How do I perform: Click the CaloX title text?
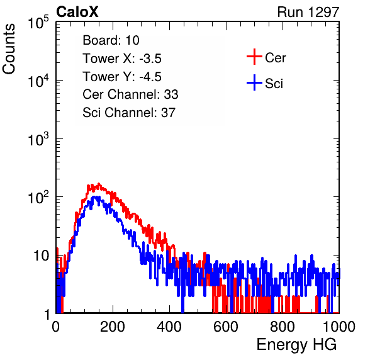tap(77, 12)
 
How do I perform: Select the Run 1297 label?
tap(308, 12)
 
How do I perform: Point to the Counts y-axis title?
tap(9, 49)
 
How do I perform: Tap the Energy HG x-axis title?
tap(296, 345)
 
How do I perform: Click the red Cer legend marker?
tap(254, 57)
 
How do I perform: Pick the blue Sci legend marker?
tap(254, 82)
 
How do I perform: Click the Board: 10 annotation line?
tap(111, 40)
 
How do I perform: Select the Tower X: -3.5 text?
tap(122, 59)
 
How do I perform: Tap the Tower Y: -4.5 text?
tap(122, 77)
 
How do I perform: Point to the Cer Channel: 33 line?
tap(130, 94)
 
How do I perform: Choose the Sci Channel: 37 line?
tap(129, 113)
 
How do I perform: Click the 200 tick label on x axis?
tap(113, 327)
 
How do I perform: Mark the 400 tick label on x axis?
tap(169, 327)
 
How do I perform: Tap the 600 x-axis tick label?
tap(226, 327)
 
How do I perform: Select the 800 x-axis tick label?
tap(283, 327)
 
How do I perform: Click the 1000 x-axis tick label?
tap(339, 327)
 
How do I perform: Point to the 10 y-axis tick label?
tap(42, 256)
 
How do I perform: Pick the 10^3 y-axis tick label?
tap(38, 138)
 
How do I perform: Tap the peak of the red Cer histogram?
tap(99, 184)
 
